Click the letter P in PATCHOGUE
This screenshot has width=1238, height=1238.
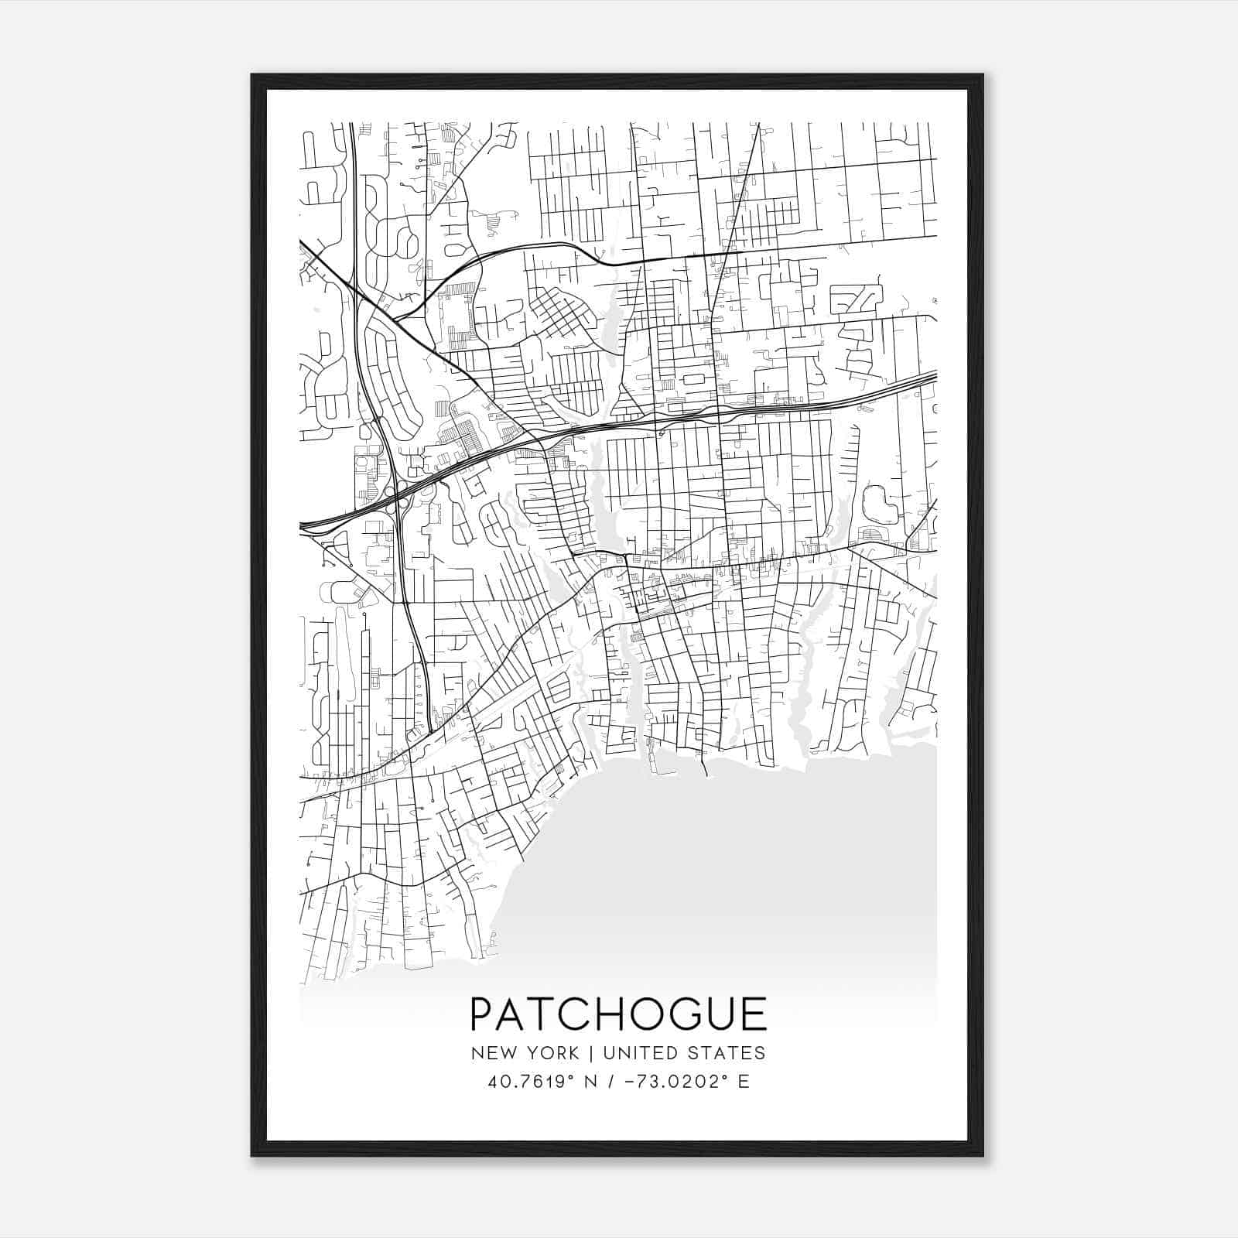tap(484, 1014)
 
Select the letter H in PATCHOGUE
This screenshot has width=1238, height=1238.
tap(600, 1014)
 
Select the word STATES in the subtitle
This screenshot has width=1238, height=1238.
tap(728, 1053)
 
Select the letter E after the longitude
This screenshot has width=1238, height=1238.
tap(744, 1082)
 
